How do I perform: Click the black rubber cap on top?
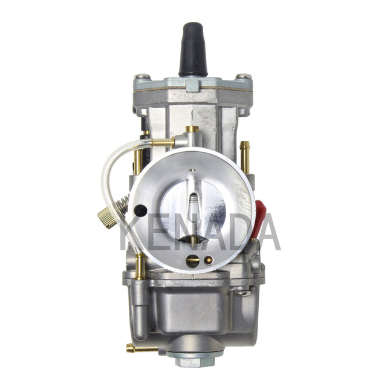(193, 50)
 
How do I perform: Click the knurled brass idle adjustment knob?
(107, 218)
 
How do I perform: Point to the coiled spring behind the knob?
(123, 204)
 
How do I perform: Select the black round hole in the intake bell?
(140, 210)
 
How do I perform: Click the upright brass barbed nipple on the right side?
(244, 157)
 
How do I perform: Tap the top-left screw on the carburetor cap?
(142, 76)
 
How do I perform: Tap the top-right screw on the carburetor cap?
(243, 76)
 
